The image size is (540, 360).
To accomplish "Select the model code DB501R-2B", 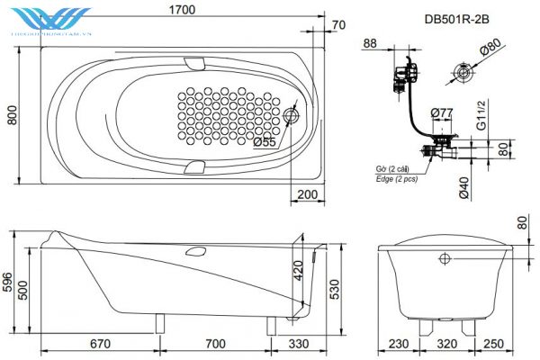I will [x=457, y=17].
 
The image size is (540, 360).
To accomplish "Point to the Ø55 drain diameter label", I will [x=264, y=141].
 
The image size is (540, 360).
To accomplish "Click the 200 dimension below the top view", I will [x=309, y=194].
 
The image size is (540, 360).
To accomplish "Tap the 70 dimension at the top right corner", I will [x=338, y=24].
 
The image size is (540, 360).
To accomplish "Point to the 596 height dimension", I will [x=9, y=283].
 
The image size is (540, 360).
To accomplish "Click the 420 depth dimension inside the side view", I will [x=298, y=270].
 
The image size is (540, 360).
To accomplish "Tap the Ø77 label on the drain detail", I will [x=442, y=112].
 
